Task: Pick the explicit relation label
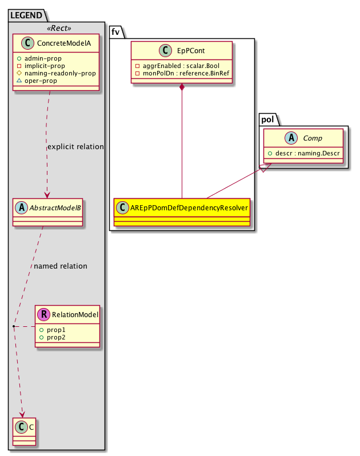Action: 75,147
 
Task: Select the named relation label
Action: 61,266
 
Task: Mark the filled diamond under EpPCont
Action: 182,88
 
